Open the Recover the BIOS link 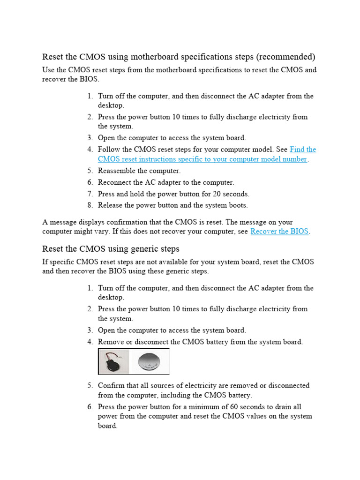point(279,232)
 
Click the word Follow point(109,150)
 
